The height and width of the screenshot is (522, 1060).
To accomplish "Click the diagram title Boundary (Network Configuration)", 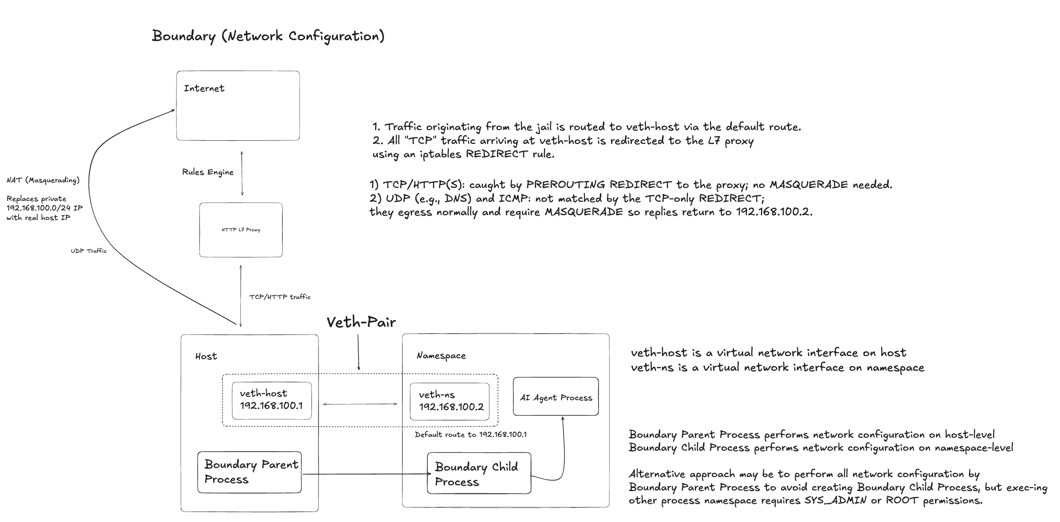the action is (x=268, y=36).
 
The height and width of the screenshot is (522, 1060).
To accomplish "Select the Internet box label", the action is (x=204, y=88).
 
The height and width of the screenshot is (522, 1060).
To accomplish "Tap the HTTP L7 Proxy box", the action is (x=241, y=230).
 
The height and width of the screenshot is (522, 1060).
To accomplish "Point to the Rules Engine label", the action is (x=208, y=172).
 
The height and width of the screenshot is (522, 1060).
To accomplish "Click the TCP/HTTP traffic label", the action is (x=280, y=297).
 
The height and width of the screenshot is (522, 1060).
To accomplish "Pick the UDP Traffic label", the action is (x=88, y=251).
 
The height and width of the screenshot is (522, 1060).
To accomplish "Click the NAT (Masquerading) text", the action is (x=43, y=180).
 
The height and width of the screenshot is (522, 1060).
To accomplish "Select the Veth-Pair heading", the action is (x=361, y=322).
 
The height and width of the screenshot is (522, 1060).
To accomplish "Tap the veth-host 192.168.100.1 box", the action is (x=272, y=401).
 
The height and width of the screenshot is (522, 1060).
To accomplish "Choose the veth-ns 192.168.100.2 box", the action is (x=450, y=401).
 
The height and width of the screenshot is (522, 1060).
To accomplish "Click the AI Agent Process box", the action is (x=556, y=396).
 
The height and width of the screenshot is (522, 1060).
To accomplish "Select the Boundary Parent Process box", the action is (x=249, y=472).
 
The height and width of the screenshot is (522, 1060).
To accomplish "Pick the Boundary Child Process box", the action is (x=479, y=473).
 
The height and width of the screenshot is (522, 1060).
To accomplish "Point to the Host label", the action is (x=206, y=356).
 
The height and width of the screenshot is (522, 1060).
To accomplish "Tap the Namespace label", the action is (x=441, y=356).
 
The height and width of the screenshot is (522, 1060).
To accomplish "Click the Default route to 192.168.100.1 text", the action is (x=470, y=434).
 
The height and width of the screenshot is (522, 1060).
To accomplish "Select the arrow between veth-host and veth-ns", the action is (x=360, y=404).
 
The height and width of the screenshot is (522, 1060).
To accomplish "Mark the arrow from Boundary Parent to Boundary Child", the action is (x=366, y=474).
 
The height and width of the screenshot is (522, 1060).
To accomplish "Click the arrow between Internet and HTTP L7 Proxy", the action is (x=242, y=173).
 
